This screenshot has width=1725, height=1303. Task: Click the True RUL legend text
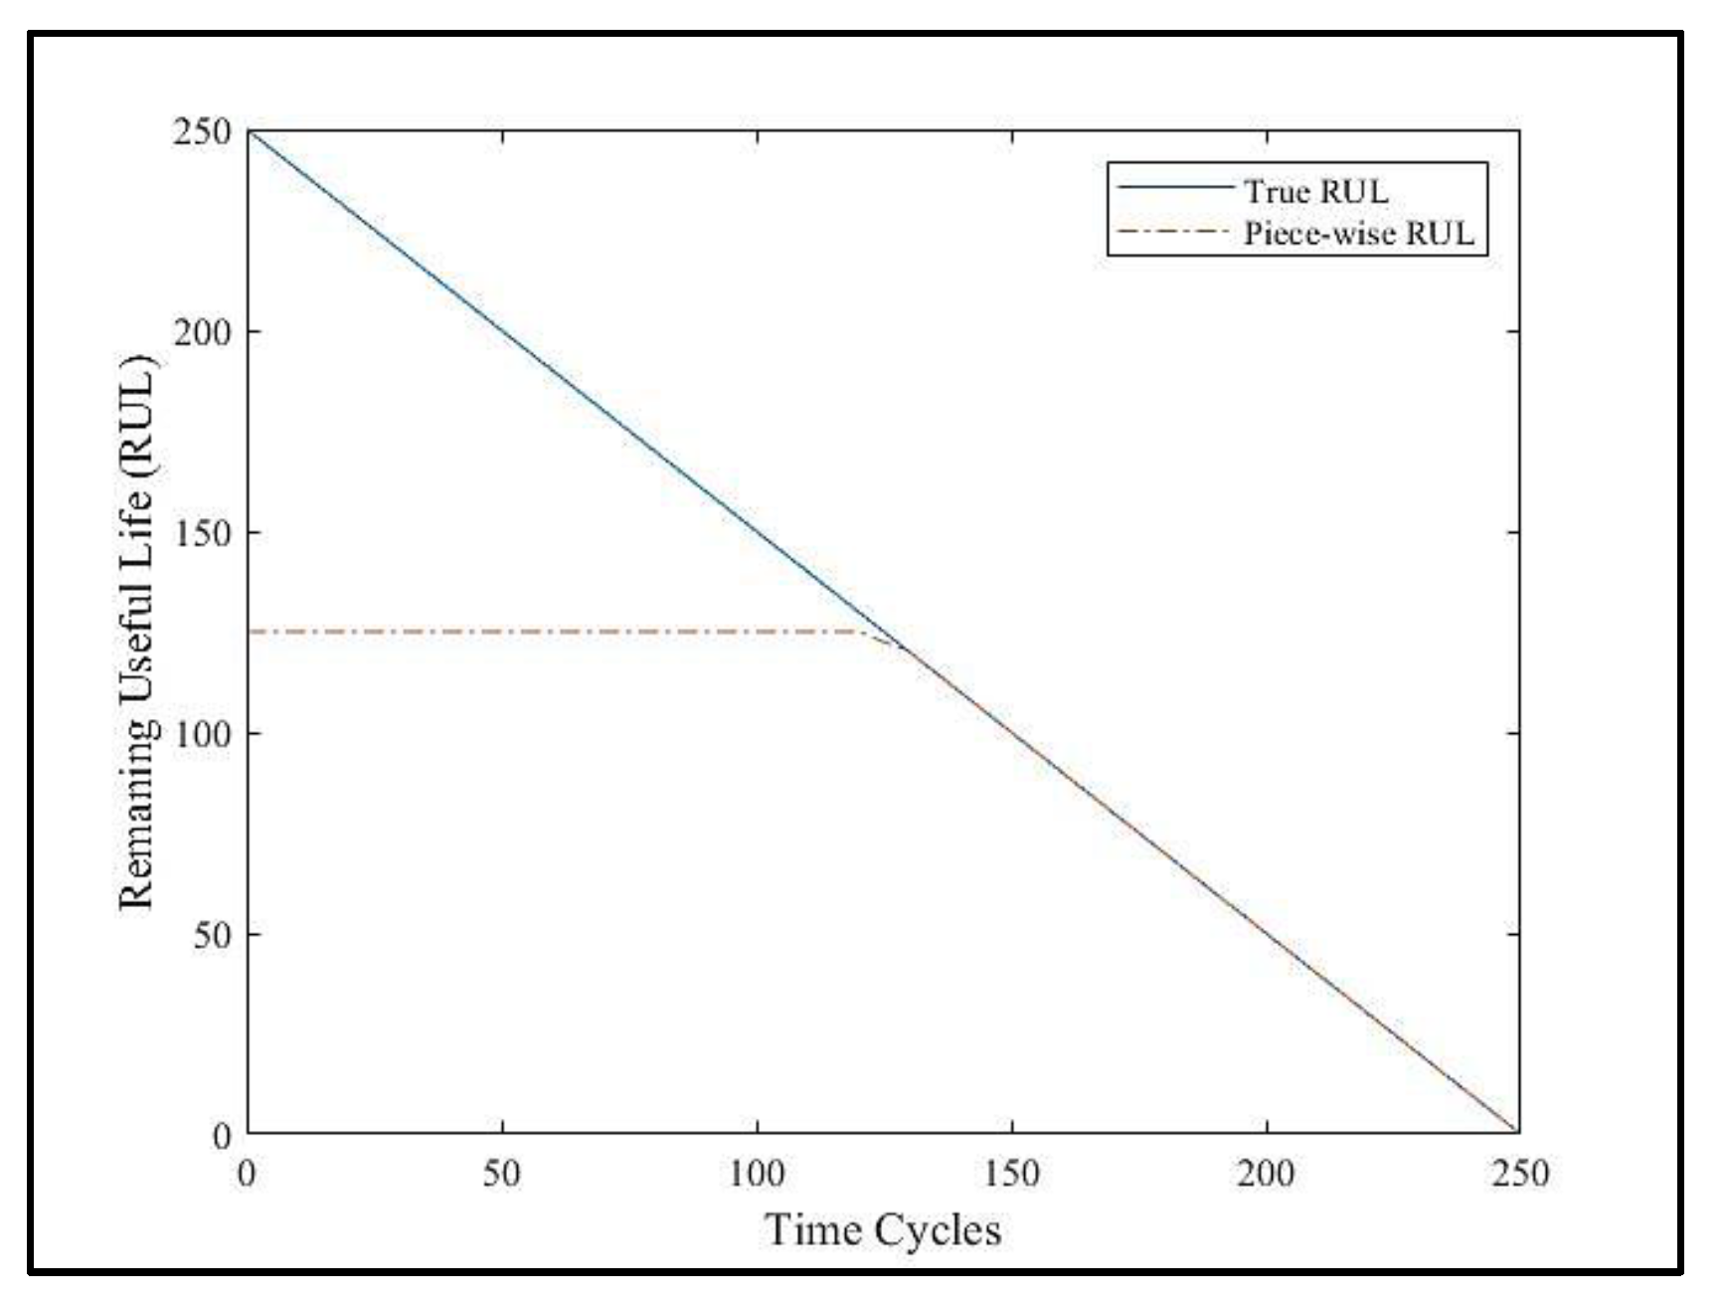click(1315, 190)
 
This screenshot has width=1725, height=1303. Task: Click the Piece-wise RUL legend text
click(1358, 234)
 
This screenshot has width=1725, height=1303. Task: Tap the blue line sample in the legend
click(1173, 187)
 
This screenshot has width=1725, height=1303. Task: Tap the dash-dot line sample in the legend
click(1173, 231)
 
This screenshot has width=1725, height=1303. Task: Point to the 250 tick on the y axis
click(202, 131)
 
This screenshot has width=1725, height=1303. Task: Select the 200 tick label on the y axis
click(202, 331)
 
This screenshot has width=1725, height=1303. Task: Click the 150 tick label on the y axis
click(202, 532)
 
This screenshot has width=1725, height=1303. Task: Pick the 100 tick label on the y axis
click(202, 734)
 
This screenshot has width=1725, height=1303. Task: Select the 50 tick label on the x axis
click(501, 1174)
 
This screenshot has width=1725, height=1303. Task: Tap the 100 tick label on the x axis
click(757, 1174)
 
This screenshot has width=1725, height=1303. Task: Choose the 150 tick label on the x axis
click(1011, 1174)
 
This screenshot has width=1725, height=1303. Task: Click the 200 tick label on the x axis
click(1266, 1174)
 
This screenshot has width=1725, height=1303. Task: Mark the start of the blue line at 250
click(249, 131)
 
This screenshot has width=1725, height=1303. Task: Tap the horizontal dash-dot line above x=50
click(502, 632)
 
